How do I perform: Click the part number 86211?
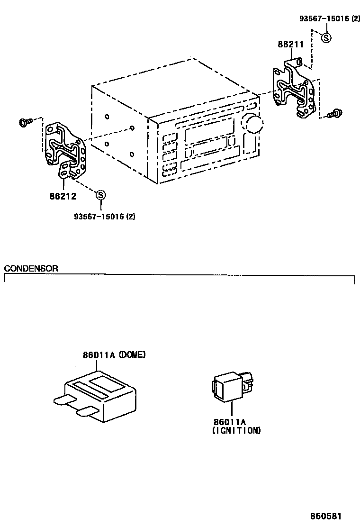pyautogui.click(x=290, y=45)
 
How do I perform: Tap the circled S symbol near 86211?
pyautogui.click(x=326, y=38)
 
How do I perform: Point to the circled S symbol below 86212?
pyautogui.click(x=100, y=194)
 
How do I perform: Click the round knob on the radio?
pyautogui.click(x=252, y=123)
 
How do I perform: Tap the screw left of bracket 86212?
pyautogui.click(x=25, y=122)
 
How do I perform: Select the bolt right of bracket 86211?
pyautogui.click(x=336, y=113)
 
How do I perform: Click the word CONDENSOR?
pyautogui.click(x=31, y=268)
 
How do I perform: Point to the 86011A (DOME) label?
pyautogui.click(x=114, y=354)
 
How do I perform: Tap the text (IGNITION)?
pyautogui.click(x=236, y=430)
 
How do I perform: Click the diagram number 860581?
pyautogui.click(x=326, y=516)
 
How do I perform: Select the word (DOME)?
pyautogui.click(x=132, y=354)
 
